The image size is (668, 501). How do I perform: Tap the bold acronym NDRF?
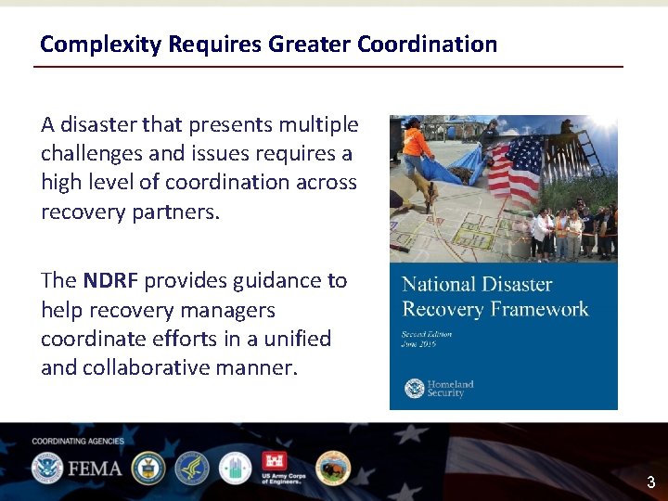(110, 281)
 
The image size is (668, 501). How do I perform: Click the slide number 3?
(650, 482)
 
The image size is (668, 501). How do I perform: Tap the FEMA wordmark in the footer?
(93, 469)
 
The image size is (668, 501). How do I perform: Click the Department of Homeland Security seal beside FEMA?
(46, 469)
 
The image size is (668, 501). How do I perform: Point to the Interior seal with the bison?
(332, 469)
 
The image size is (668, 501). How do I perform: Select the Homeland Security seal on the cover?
(413, 389)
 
